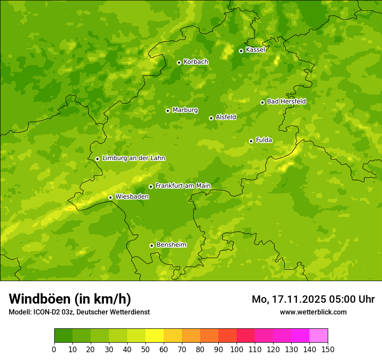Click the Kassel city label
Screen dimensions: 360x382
pyautogui.click(x=255, y=50)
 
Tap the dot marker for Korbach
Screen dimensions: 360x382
pyautogui.click(x=179, y=62)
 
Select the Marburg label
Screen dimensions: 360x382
pyautogui.click(x=185, y=110)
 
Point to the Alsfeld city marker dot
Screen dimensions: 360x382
pyautogui.click(x=211, y=118)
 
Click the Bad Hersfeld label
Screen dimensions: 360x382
pyautogui.click(x=286, y=101)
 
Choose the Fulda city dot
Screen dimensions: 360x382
pyautogui.click(x=251, y=141)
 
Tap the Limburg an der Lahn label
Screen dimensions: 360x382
pyautogui.click(x=133, y=158)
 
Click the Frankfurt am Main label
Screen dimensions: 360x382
pyautogui.click(x=183, y=186)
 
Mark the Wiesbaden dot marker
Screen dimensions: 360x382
pyautogui.click(x=111, y=197)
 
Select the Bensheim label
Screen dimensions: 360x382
pyautogui.click(x=171, y=245)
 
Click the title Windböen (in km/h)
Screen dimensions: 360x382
pyautogui.click(x=70, y=299)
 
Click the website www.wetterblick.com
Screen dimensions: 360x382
pyautogui.click(x=313, y=312)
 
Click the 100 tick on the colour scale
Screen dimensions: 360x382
pyautogui.click(x=237, y=349)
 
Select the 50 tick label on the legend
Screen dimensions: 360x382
pyautogui.click(x=145, y=349)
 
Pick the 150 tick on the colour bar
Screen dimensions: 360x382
pyautogui.click(x=328, y=349)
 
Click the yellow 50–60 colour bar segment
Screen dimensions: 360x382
pyautogui.click(x=155, y=336)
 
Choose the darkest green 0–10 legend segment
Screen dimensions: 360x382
pyautogui.click(x=63, y=336)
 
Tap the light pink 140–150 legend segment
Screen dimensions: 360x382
pyautogui.click(x=319, y=336)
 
